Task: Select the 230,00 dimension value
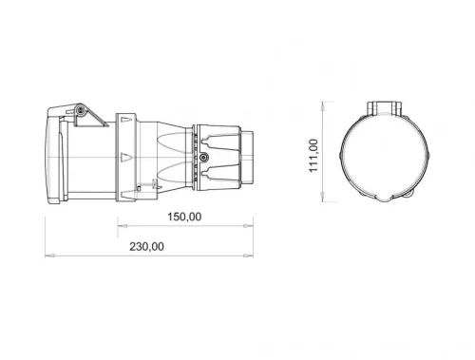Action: (145, 246)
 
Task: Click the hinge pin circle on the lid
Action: (82, 113)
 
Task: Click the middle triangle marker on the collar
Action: (123, 153)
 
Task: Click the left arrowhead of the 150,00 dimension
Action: (121, 226)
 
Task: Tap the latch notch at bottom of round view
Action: (389, 198)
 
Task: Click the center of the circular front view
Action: (389, 153)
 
